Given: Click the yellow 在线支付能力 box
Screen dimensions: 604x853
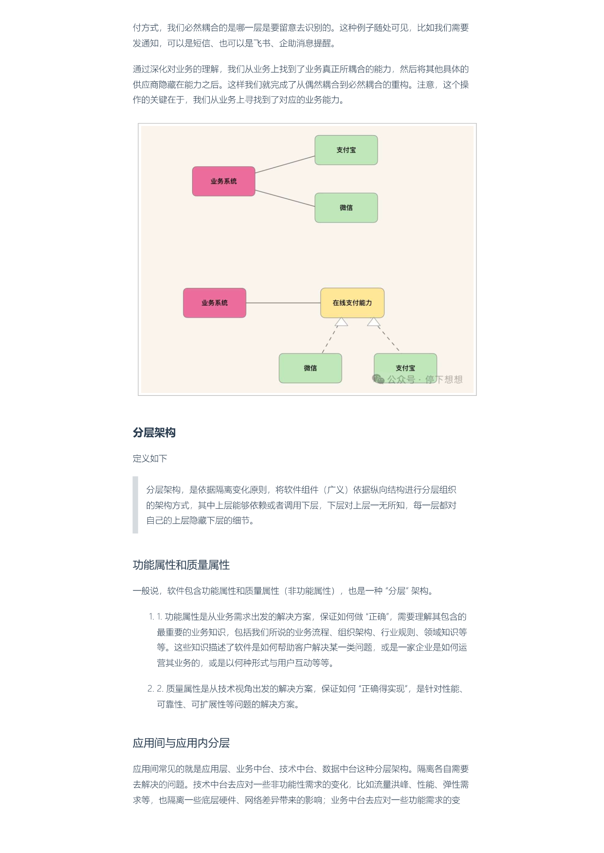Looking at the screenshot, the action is point(352,302).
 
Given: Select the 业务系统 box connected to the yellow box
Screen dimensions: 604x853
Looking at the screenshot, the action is point(215,302).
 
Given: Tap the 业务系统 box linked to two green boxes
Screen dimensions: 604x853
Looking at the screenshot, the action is point(224,181).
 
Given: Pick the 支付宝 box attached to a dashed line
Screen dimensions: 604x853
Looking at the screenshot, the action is point(405,368).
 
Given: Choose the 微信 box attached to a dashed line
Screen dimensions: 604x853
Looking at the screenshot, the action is point(311,368).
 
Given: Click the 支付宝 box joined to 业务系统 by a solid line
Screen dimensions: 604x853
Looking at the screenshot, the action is point(346,150).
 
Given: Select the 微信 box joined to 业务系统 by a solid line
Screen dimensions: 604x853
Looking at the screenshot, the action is point(346,208).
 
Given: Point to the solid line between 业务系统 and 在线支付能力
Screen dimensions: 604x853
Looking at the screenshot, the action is point(283,303).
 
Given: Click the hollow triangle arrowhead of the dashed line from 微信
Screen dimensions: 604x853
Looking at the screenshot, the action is point(341,322).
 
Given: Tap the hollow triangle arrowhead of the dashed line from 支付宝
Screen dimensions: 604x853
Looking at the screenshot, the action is point(374,322).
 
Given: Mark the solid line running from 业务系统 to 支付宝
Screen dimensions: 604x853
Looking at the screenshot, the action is point(285,164).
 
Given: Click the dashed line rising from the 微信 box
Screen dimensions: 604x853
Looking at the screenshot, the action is point(330,339).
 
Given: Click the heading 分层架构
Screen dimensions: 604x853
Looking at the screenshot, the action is point(154,432).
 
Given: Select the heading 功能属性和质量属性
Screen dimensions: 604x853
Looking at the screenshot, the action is point(181,565).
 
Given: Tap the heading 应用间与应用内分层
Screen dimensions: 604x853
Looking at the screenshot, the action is point(181,743).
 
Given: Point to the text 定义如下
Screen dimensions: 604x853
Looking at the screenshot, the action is point(150,458).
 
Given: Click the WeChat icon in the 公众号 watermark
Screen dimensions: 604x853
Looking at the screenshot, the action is point(378,379).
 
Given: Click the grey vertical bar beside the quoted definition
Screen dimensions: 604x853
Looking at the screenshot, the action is point(135,505).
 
